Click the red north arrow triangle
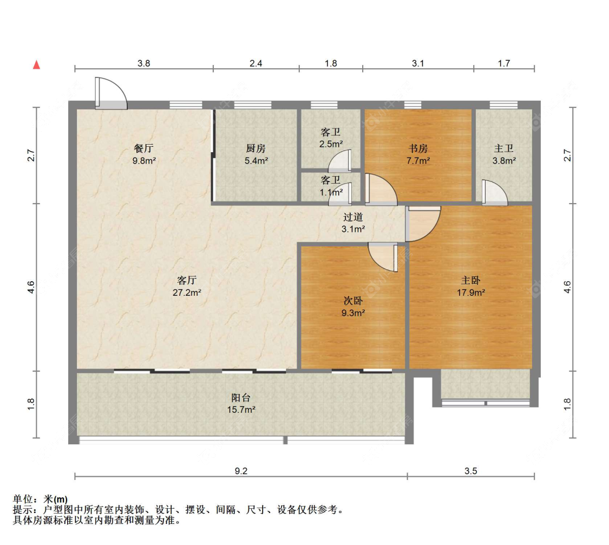[36, 64]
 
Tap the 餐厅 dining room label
[143, 148]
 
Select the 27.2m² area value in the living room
[187, 293]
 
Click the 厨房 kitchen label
[256, 148]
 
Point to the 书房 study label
[418, 148]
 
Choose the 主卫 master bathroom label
[504, 148]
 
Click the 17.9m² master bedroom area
[471, 293]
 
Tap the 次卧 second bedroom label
[353, 301]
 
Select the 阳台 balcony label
[241, 397]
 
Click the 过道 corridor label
[353, 217]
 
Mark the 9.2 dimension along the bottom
[241, 471]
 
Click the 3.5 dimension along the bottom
[471, 471]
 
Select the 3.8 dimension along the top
[143, 63]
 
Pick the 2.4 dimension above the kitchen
[256, 63]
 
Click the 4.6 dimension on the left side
[31, 287]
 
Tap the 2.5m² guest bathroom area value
[331, 144]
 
